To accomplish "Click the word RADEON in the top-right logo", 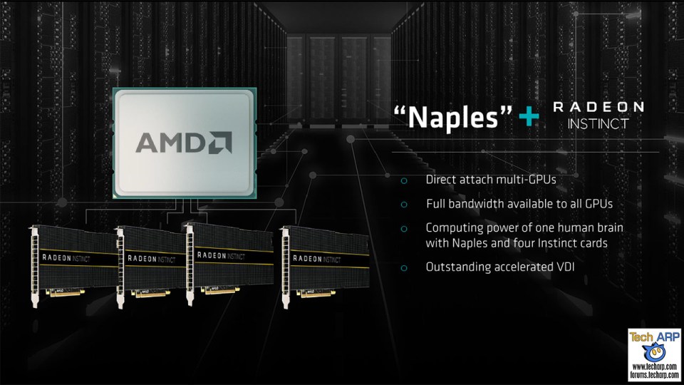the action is pos(598,107).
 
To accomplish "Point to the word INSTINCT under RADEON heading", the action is pos(598,124).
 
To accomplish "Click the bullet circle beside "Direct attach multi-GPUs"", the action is pos(404,181).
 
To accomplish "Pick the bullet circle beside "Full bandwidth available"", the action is pos(404,205).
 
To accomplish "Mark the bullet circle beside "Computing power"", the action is pos(404,228).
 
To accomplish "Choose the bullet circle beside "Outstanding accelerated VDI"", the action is pos(404,268).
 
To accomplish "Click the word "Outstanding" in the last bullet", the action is pos(458,268).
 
